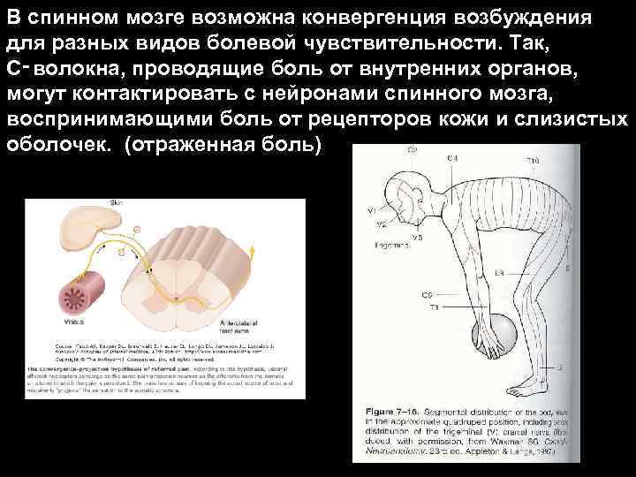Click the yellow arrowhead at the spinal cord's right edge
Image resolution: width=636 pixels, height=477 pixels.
coord(253,251)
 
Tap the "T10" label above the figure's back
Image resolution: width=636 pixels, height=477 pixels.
coord(533,161)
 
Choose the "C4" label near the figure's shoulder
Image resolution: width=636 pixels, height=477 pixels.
coord(452,158)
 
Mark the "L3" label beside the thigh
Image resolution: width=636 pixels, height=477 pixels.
coord(475,274)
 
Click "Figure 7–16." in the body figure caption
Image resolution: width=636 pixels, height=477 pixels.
coord(394,412)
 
